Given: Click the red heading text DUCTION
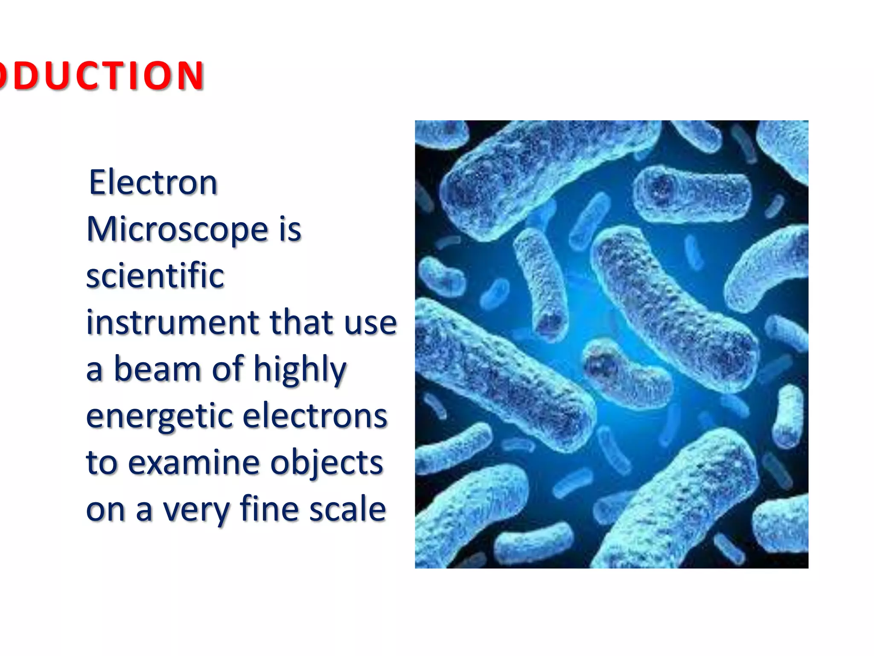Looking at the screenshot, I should pos(102,76).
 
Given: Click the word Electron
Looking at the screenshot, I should pos(153,182).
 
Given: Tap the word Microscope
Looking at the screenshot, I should pos(177,229).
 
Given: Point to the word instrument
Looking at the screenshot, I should pos(172,322).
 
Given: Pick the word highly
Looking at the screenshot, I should pos(300,370).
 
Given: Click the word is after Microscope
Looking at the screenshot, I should pos(290,229).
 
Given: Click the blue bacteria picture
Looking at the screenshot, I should pos(611,344).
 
